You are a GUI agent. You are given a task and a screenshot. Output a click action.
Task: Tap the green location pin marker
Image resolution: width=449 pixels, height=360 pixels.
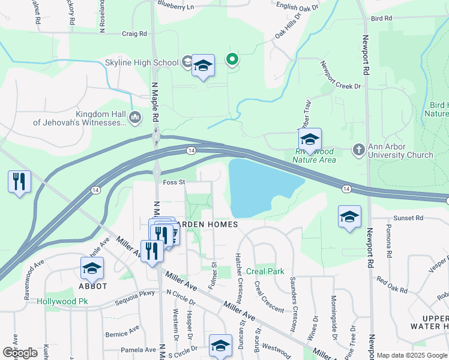(x=232, y=59)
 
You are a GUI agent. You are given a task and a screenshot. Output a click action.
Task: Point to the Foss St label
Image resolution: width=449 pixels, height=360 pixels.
(x=173, y=182)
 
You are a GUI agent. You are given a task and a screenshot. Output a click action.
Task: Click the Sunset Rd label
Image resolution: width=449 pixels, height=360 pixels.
(x=409, y=218)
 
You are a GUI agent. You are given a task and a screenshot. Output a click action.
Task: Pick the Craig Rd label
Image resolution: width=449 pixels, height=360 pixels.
(x=134, y=34)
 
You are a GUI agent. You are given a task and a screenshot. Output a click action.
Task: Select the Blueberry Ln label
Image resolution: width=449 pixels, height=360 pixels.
(x=176, y=7)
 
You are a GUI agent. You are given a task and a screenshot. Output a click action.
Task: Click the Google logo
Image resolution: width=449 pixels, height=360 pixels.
(x=20, y=352)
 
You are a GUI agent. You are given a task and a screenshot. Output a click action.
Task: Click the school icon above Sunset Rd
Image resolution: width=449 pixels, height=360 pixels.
(x=349, y=217)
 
